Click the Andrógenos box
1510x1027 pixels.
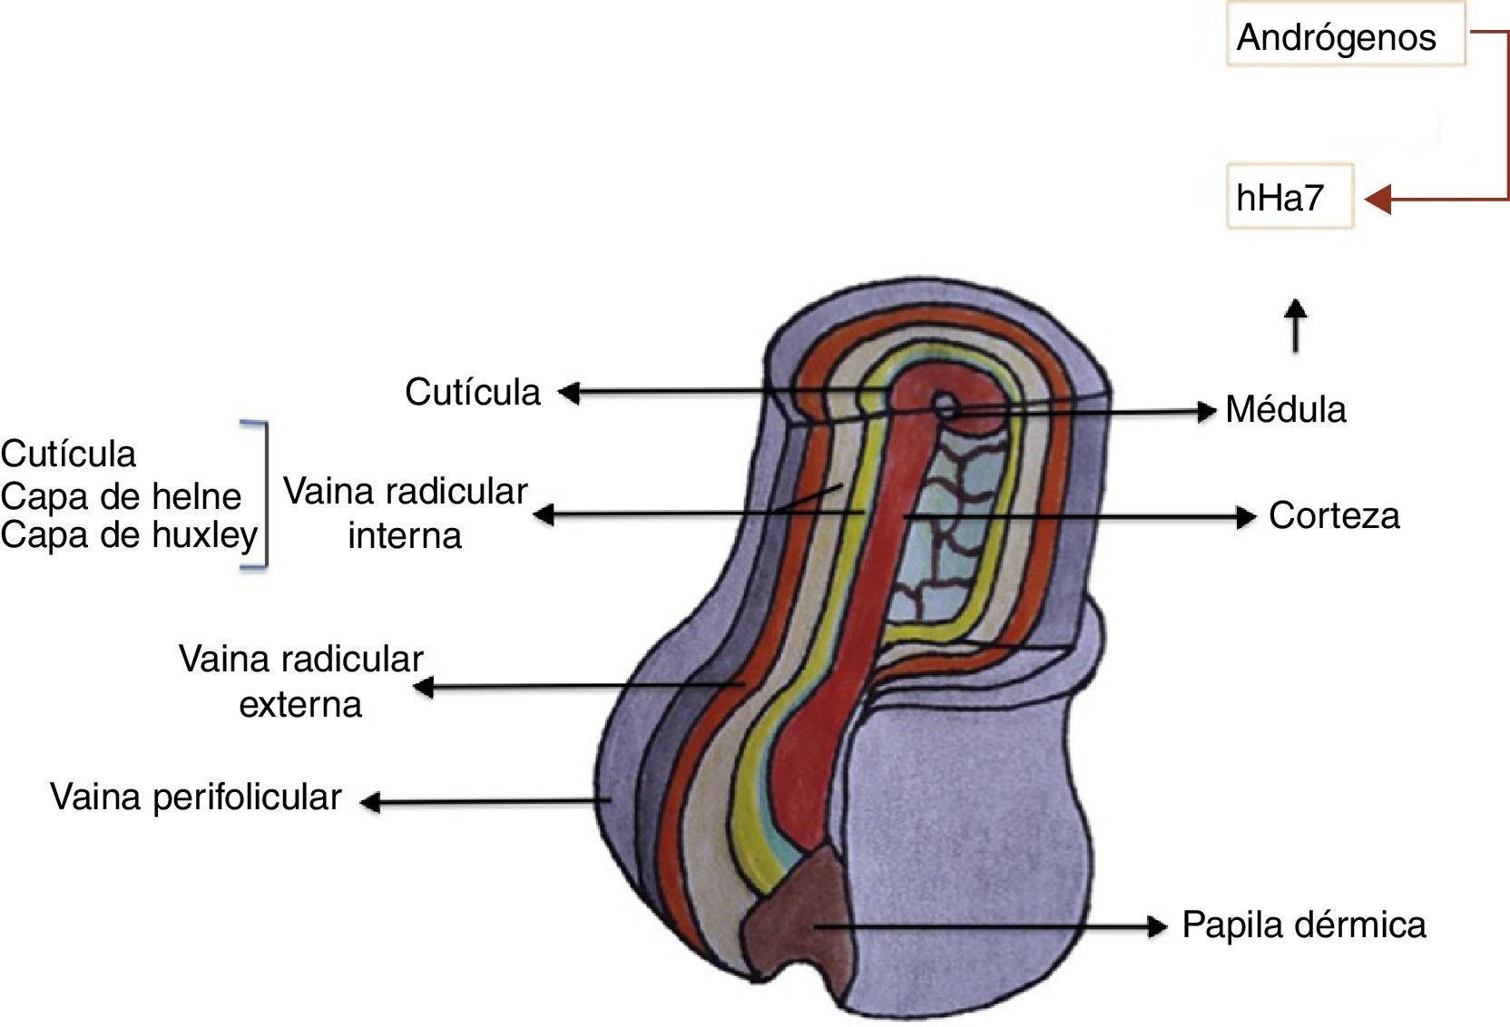[1345, 36]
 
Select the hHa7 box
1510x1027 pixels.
[1289, 197]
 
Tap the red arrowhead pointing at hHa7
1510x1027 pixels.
[1378, 199]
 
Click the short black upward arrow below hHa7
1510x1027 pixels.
[1296, 324]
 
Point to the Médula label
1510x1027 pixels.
[1285, 410]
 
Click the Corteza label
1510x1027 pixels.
[1333, 515]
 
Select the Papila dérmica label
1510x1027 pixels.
[1303, 925]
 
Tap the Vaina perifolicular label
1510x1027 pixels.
[195, 797]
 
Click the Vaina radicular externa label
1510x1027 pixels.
[300, 681]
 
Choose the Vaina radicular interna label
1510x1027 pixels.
[405, 513]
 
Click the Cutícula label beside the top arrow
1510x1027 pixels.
[472, 392]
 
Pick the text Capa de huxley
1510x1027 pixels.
[129, 535]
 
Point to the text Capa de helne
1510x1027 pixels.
[121, 496]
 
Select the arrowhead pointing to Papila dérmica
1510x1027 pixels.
[1157, 926]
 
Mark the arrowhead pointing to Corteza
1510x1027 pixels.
[1246, 517]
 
